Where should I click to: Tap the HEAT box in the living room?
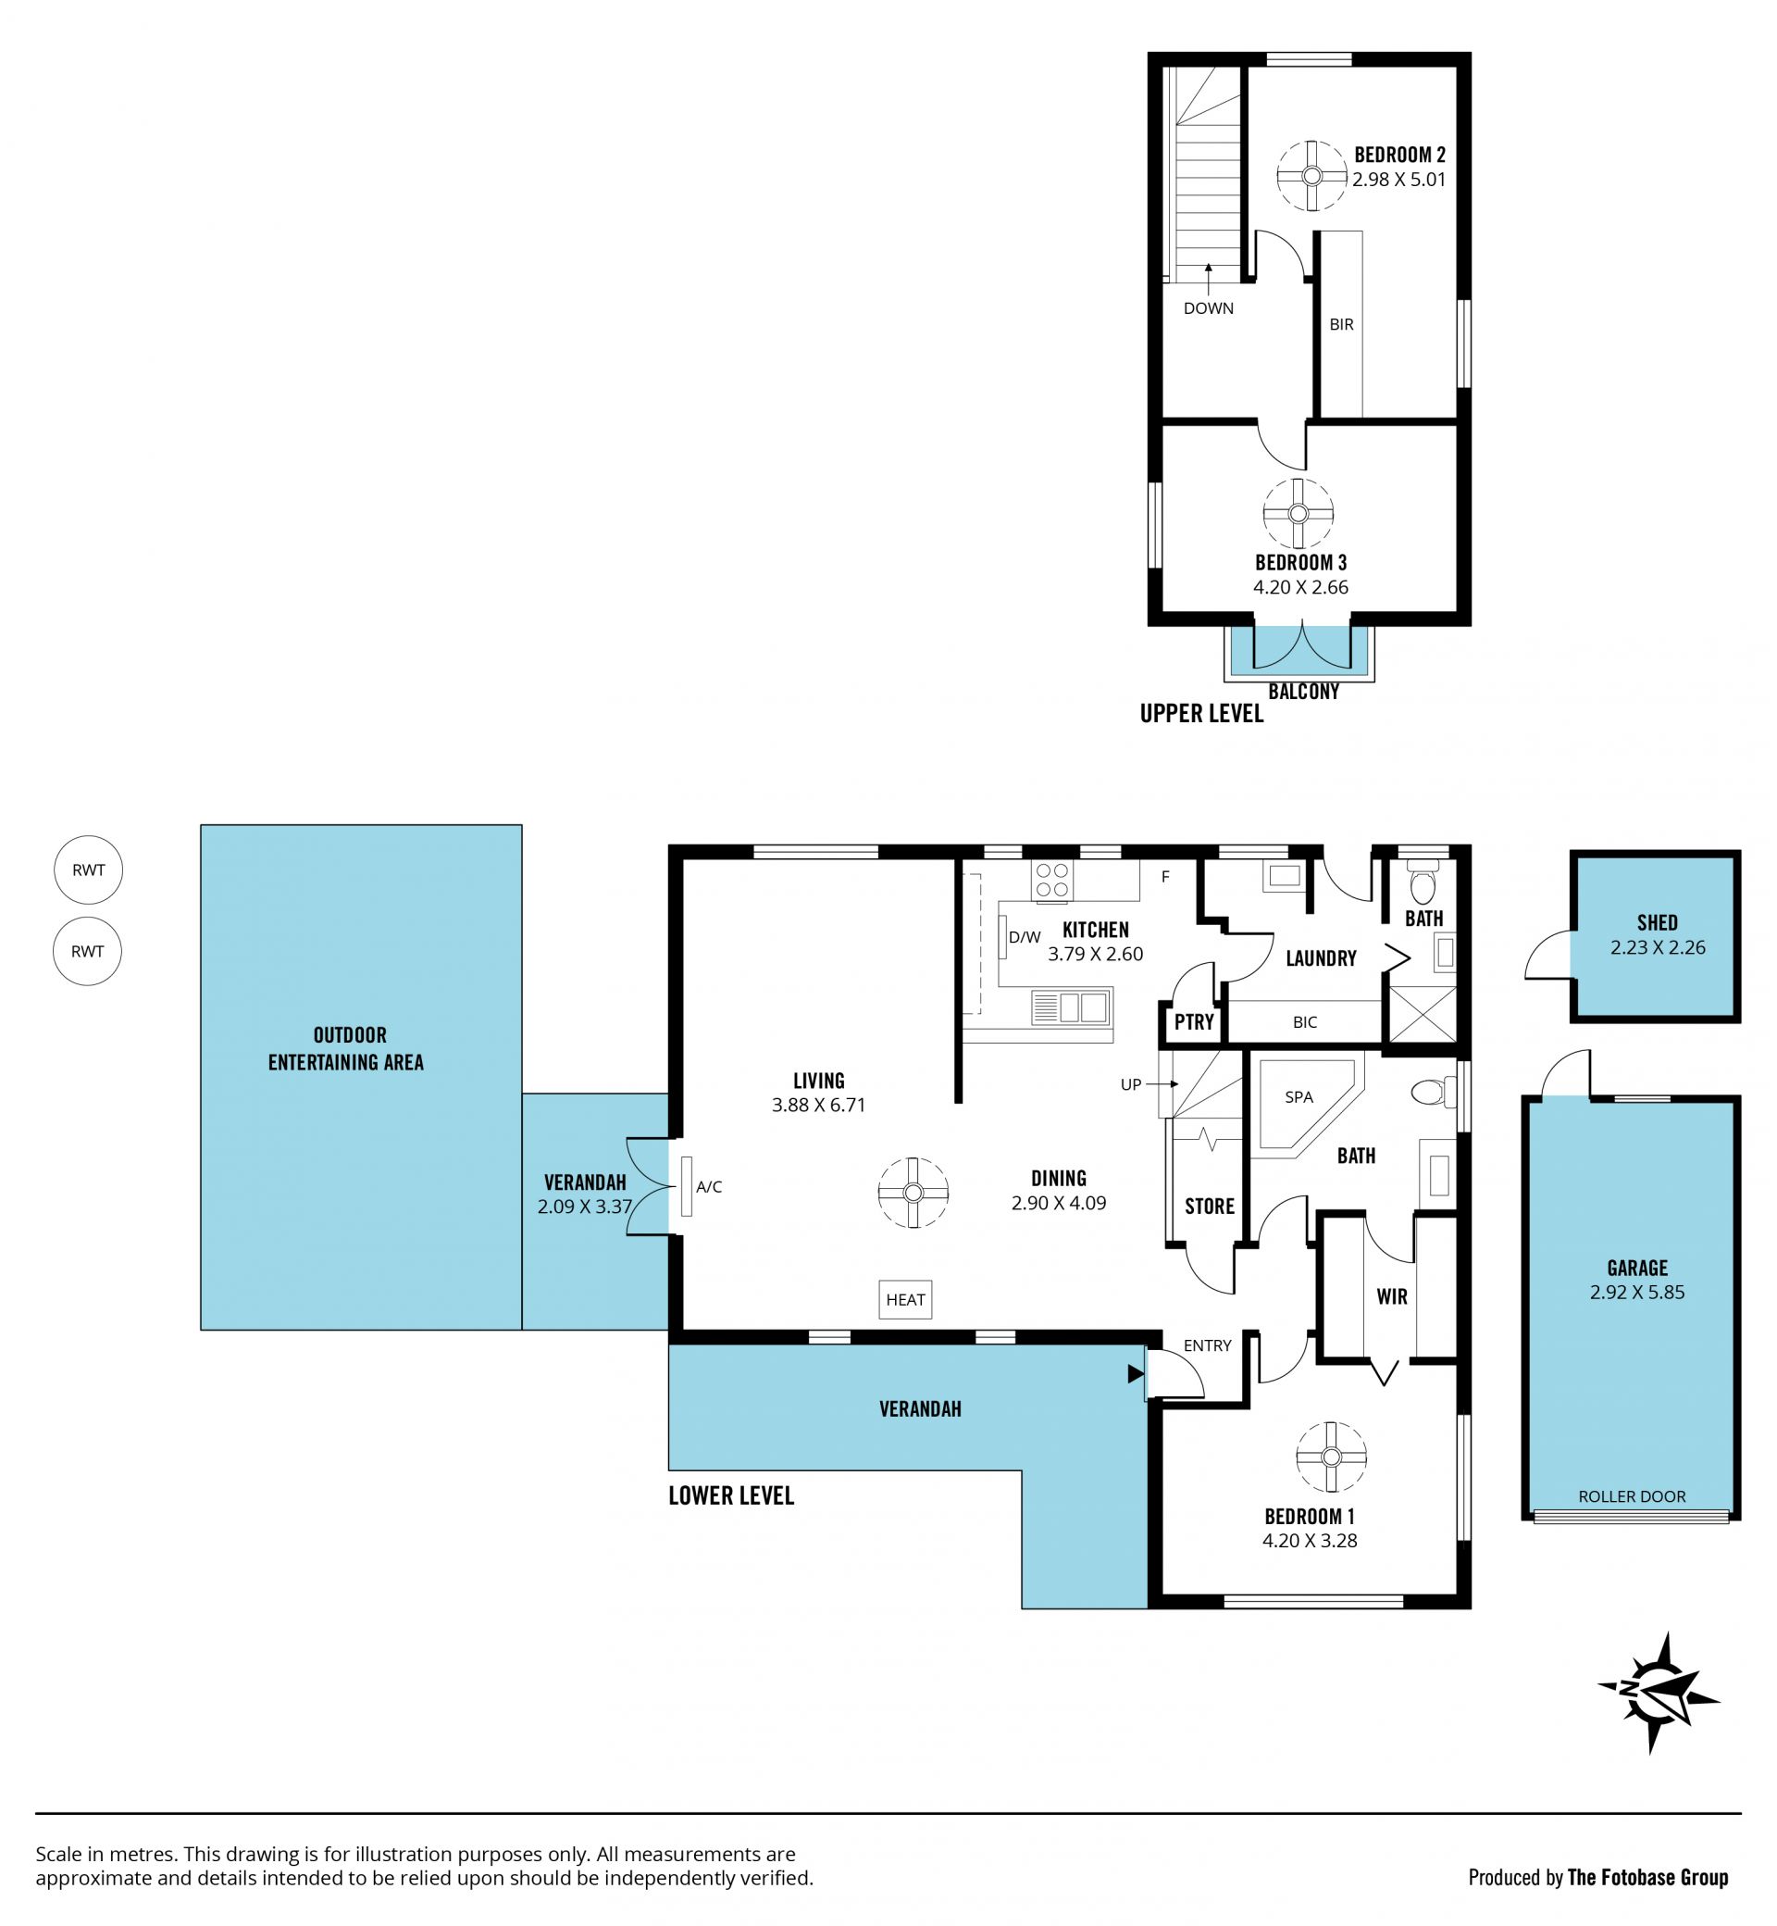tap(905, 1299)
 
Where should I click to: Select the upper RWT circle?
tap(89, 869)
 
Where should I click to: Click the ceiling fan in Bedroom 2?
tap(1311, 176)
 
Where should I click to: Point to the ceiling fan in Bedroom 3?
tap(1299, 514)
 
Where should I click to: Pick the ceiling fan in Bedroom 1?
tap(1331, 1457)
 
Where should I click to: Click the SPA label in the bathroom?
tap(1299, 1096)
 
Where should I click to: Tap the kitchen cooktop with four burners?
tap(1052, 881)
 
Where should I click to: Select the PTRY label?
tap(1194, 1021)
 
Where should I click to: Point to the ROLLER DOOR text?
tap(1632, 1496)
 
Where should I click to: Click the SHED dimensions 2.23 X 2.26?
tap(1658, 947)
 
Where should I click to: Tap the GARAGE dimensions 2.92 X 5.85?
tap(1637, 1292)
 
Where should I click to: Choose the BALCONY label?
tap(1304, 691)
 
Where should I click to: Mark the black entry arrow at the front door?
tap(1135, 1376)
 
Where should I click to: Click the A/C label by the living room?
tap(709, 1187)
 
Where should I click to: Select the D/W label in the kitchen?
tap(1025, 937)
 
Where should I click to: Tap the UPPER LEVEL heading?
tap(1202, 713)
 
